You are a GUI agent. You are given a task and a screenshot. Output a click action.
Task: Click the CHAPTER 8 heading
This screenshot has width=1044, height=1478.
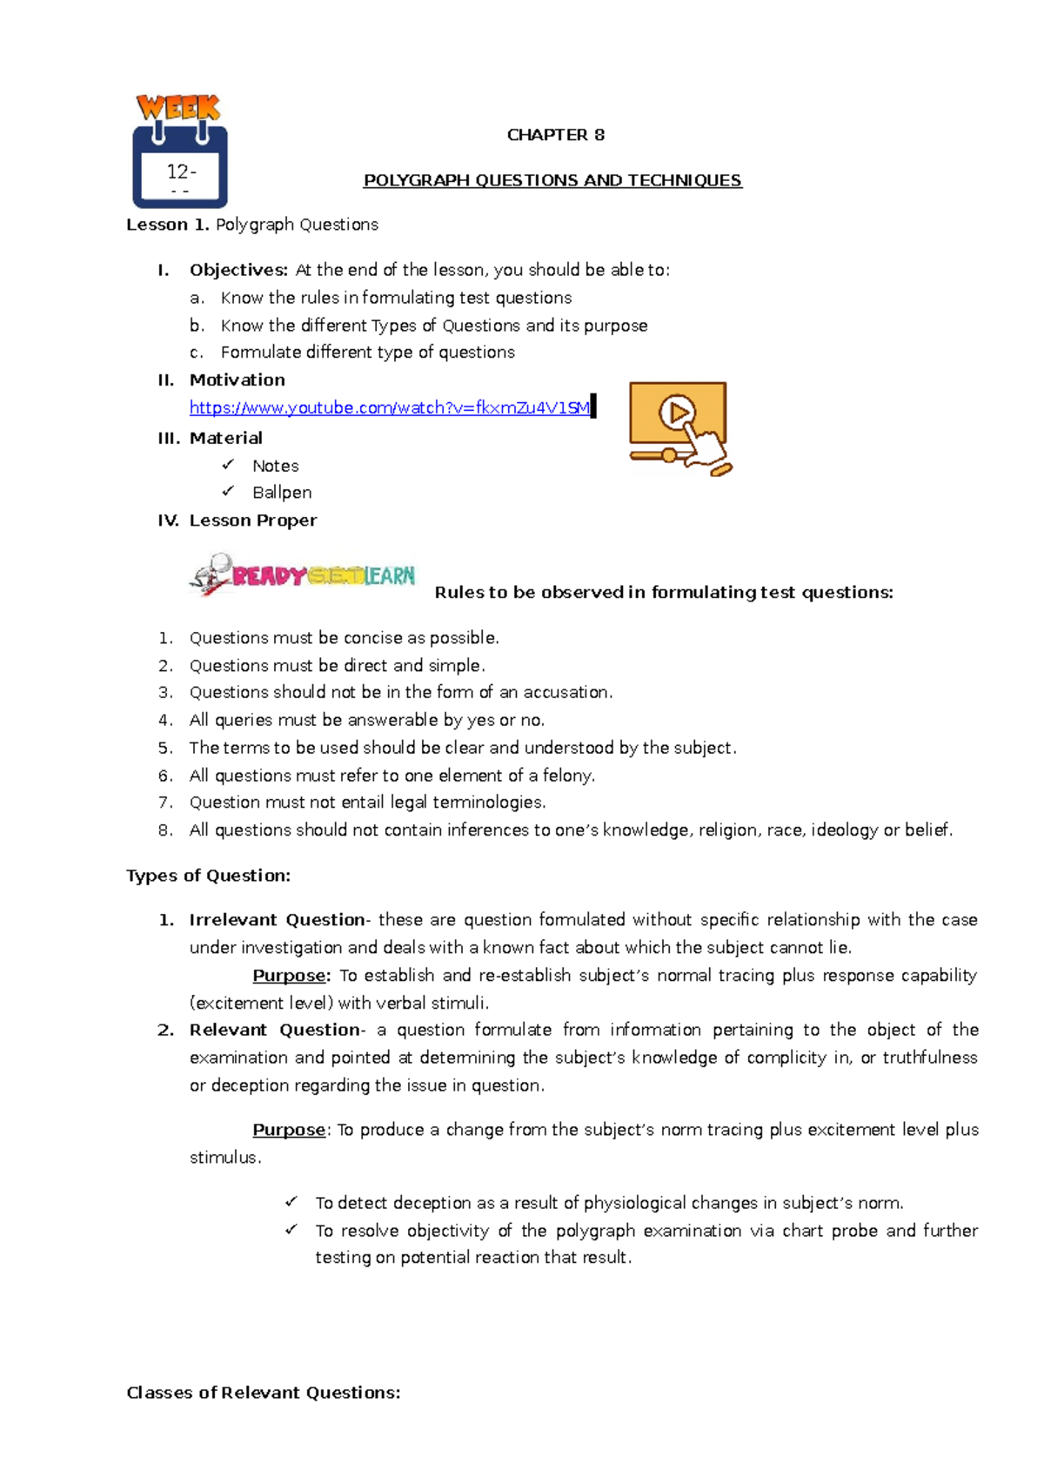pyautogui.click(x=555, y=135)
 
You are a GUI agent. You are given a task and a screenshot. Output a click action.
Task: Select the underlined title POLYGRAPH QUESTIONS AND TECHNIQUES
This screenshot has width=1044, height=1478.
pyautogui.click(x=552, y=180)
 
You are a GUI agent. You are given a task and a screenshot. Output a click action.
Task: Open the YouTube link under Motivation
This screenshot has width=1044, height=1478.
pyautogui.click(x=390, y=407)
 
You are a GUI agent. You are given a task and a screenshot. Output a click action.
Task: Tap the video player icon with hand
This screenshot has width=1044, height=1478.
pyautogui.click(x=679, y=428)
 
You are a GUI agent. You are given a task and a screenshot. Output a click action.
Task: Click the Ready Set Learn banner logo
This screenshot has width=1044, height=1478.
pyautogui.click(x=303, y=575)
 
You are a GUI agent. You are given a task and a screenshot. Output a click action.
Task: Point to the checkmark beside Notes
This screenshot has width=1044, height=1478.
pyautogui.click(x=228, y=465)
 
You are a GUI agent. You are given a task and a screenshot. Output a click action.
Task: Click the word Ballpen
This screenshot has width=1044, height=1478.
pyautogui.click(x=282, y=492)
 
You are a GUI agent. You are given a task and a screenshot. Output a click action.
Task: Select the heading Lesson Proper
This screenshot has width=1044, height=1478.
pyautogui.click(x=252, y=521)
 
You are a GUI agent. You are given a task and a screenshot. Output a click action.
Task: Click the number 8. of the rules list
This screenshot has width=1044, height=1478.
pyautogui.click(x=165, y=830)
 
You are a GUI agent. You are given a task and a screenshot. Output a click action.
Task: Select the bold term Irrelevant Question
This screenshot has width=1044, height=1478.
pyautogui.click(x=277, y=920)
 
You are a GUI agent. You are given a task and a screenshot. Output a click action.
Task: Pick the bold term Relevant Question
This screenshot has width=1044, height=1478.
pyautogui.click(x=275, y=1030)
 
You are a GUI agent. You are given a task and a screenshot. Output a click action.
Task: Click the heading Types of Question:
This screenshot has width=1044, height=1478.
pyautogui.click(x=209, y=876)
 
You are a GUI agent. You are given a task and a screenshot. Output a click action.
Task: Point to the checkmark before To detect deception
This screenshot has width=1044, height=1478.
pyautogui.click(x=291, y=1202)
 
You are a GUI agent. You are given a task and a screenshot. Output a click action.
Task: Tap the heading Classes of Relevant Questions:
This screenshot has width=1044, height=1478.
pyautogui.click(x=264, y=1393)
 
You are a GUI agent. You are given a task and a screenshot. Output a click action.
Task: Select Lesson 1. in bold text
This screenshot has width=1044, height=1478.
pyautogui.click(x=168, y=225)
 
